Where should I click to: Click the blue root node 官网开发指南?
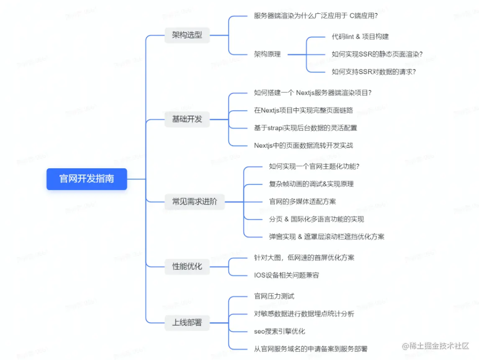[x=87, y=179]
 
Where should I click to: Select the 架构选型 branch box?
[x=187, y=35]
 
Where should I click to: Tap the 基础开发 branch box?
[x=187, y=119]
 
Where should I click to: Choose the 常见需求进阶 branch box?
[x=195, y=202]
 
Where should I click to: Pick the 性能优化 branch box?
[x=187, y=266]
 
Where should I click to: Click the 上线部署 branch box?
[x=187, y=323]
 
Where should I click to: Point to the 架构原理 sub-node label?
[x=267, y=54]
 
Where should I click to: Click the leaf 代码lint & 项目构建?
[x=360, y=36]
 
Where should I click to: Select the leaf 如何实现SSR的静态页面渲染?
[x=377, y=54]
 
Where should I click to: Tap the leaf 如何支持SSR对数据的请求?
[x=373, y=71]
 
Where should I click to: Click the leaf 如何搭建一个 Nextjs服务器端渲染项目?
[x=312, y=93]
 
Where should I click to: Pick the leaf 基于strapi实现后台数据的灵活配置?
[x=305, y=128]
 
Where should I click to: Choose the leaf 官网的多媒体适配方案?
[x=302, y=202]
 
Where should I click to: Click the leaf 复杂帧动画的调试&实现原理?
[x=311, y=184]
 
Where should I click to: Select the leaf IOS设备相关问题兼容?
[x=286, y=275]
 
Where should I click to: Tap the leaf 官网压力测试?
[x=274, y=296]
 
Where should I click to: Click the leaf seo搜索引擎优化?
[x=279, y=331]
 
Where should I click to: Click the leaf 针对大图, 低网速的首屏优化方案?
[x=304, y=257]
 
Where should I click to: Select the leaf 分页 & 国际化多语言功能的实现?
[x=316, y=219]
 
